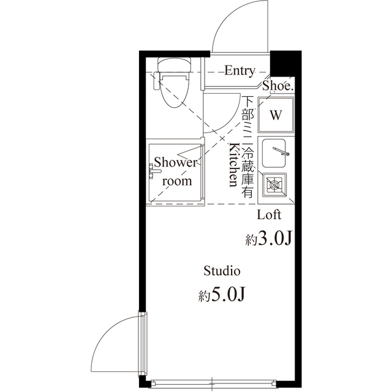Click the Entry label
tap(239, 70)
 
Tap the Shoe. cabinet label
tap(277, 86)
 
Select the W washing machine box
tap(276, 115)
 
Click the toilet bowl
tap(174, 90)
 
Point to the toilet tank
tap(174, 65)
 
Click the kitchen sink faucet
tap(281, 151)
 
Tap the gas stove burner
tap(274, 185)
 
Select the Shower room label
tap(176, 171)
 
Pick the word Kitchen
tap(234, 165)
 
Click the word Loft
tap(269, 215)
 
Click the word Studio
tap(222, 271)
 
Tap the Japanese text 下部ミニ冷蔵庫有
tap(247, 147)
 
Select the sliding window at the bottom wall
tap(212, 383)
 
